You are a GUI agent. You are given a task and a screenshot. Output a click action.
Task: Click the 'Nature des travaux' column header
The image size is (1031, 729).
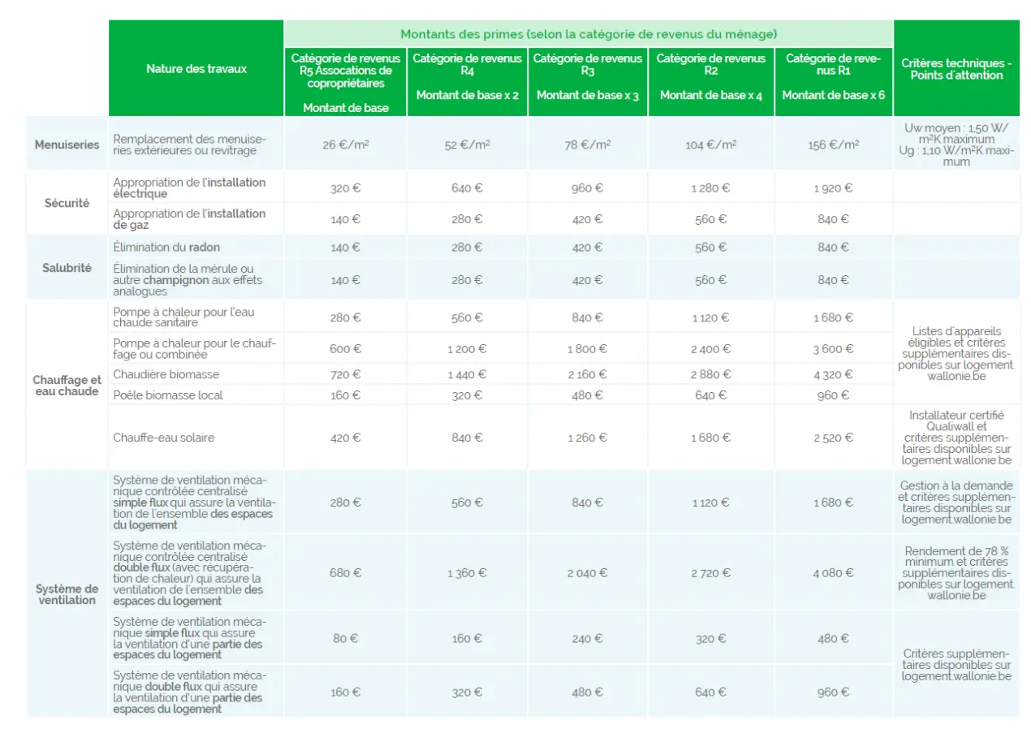[196, 69]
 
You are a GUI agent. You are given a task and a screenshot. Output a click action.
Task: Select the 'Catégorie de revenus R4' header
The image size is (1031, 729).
[467, 76]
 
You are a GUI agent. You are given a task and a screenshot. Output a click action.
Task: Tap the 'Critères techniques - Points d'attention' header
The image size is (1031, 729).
[956, 69]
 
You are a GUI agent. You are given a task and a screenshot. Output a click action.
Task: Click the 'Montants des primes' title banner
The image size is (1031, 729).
[589, 34]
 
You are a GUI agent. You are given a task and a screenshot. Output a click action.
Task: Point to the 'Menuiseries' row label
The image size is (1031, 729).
[67, 145]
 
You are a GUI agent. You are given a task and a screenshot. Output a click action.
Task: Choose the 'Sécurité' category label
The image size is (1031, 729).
[67, 203]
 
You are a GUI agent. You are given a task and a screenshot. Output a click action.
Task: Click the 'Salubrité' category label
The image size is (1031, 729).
[67, 267]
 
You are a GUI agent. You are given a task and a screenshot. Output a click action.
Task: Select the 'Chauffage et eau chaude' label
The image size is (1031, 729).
[67, 386]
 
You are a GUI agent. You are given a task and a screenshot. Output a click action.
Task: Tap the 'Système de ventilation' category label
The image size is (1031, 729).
[67, 594]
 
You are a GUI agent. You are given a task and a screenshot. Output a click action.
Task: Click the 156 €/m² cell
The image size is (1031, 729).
[833, 145]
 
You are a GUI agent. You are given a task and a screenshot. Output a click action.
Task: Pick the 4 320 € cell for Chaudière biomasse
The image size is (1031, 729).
[833, 374]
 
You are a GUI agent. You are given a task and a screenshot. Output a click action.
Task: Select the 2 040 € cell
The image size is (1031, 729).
[587, 573]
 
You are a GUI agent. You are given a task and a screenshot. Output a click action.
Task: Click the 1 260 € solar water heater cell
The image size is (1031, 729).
[587, 438]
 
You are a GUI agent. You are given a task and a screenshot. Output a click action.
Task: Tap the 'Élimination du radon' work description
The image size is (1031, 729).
[166, 247]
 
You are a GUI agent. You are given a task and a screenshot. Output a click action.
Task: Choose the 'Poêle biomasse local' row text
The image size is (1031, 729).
[168, 395]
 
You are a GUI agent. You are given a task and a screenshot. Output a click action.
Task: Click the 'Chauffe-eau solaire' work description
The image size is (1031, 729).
[164, 438]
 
